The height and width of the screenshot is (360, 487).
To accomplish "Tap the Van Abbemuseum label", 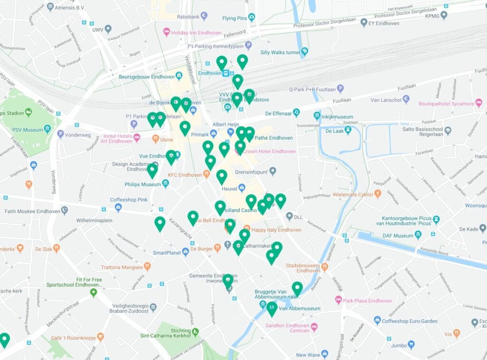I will click(x=300, y=308).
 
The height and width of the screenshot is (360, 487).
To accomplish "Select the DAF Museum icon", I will click(x=418, y=235).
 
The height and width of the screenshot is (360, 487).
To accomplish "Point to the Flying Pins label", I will click(x=235, y=19).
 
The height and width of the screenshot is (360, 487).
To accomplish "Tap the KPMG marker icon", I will click(x=444, y=15).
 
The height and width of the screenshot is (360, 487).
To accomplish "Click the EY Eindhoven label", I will click(x=383, y=23).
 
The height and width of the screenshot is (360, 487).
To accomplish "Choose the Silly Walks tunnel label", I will click(x=280, y=52).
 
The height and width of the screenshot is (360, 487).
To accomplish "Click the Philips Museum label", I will click(x=143, y=184).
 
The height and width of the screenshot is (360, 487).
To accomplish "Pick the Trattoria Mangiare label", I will click(x=121, y=267).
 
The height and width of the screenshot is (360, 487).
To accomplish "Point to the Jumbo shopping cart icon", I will click(x=411, y=344).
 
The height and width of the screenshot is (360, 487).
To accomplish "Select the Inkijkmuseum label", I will click(x=337, y=117).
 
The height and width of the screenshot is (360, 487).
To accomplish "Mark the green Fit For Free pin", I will click(x=94, y=292).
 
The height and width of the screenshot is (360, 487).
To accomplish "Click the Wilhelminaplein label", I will click(x=94, y=221).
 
